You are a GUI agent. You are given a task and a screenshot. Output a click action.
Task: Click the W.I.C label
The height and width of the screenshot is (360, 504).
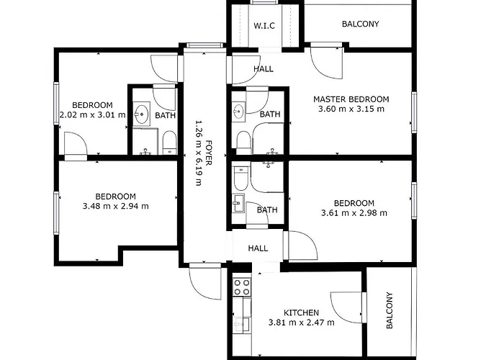264,26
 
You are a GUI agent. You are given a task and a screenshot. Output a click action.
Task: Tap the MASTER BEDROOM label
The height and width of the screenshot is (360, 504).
351,99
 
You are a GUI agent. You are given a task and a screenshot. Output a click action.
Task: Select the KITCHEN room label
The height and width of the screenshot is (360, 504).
301,312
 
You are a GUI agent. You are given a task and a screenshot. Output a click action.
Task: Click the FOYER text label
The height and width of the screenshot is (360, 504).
209,153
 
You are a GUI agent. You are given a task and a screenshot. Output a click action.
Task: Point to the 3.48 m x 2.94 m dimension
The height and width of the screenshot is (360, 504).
116,206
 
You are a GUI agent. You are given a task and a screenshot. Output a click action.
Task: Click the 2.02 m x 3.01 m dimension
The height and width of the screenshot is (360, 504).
93,114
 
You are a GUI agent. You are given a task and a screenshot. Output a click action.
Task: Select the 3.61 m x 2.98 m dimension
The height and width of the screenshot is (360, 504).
354,213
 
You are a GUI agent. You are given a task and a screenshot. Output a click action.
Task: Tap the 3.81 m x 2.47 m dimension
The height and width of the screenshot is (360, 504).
301,322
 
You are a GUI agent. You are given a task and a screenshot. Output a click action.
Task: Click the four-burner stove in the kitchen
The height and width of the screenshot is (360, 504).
242,287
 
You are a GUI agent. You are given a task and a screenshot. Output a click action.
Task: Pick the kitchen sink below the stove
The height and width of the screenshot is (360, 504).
242,324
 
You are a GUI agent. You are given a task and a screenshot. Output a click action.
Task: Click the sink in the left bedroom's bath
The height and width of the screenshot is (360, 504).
141,114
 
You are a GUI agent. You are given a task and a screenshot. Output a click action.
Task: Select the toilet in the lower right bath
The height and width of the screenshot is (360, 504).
241,179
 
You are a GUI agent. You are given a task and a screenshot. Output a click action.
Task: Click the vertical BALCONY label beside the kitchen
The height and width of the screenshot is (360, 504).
390,310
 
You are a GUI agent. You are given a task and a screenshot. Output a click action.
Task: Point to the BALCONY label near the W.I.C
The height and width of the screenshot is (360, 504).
360,24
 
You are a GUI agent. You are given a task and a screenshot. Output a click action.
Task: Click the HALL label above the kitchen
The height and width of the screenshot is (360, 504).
258,248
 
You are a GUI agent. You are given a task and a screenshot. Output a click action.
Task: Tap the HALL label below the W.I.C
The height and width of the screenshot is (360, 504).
264,69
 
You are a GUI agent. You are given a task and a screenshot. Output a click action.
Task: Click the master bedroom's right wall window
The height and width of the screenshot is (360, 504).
414,112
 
